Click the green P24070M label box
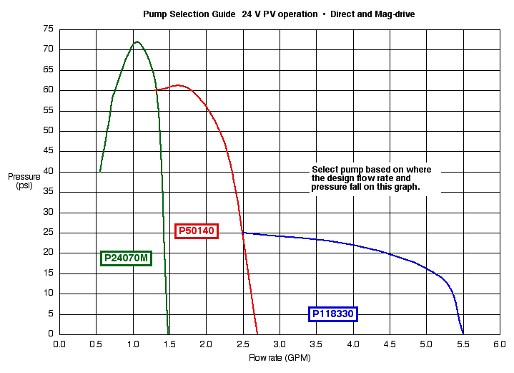pos(127,258)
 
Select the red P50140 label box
pos(197,231)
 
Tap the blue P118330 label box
pos(333,314)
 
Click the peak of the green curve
pos(136,42)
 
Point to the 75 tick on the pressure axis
pos(48,29)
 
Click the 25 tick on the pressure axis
pos(48,232)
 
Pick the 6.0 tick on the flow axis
pos(500,344)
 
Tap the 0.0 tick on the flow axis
pos(59,344)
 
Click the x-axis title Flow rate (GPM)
pos(280,357)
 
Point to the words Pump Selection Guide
pos(189,14)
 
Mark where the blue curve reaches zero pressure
pos(463,334)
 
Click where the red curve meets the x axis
pos(257,334)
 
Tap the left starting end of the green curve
pos(100,171)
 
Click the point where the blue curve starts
pos(243,233)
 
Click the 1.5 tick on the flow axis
pos(169,344)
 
